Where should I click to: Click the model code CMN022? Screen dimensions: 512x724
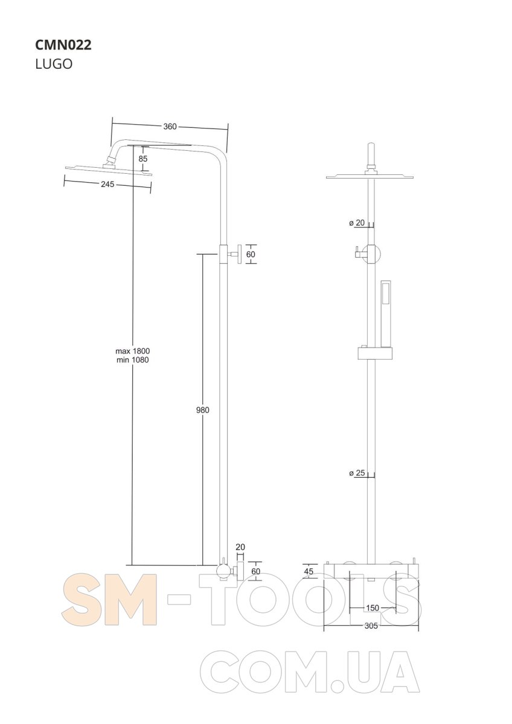tap(63, 45)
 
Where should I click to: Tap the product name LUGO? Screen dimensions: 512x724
tap(54, 64)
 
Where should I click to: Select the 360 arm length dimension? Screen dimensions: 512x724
tap(170, 126)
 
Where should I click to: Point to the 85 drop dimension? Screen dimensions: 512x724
tap(143, 159)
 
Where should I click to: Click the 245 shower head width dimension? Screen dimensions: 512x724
tap(107, 184)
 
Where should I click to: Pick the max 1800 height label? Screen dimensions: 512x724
tap(133, 351)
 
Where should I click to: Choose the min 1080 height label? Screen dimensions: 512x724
tap(133, 360)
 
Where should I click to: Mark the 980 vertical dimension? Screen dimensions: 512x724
tap(202, 410)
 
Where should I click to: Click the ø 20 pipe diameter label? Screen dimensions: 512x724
tap(357, 223)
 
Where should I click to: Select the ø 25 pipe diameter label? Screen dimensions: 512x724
tap(357, 473)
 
